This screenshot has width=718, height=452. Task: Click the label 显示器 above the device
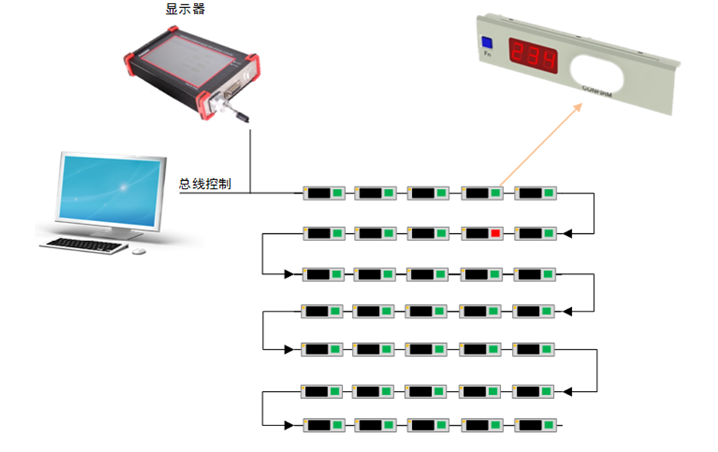[x=185, y=11]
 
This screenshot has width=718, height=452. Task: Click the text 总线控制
[x=205, y=184]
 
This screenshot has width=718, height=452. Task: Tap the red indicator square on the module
[x=495, y=233]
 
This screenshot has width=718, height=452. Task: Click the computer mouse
[x=139, y=251]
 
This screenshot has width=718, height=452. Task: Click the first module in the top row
[x=324, y=193]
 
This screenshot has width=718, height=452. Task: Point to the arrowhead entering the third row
[x=289, y=274]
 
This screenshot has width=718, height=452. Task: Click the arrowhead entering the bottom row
[x=289, y=425]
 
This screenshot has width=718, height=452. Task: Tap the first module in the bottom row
[x=324, y=425]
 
